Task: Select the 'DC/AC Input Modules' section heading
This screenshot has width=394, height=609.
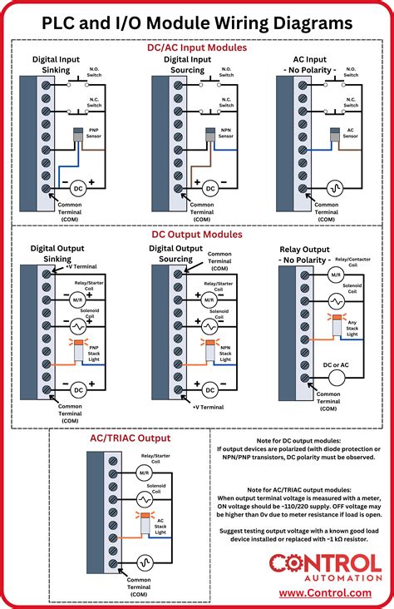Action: (197, 48)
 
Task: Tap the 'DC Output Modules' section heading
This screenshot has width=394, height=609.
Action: (197, 235)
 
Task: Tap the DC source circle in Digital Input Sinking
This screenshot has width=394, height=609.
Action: (77, 187)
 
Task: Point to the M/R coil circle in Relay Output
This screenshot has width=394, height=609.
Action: (337, 274)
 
